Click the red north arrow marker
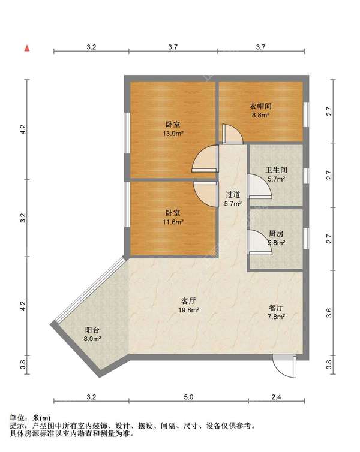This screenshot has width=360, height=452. pos(27,48)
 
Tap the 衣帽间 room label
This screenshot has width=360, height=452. pos(260,106)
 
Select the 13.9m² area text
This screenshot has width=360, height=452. pos(173,134)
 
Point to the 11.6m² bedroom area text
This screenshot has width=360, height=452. pos(173,222)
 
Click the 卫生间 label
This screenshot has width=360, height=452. pos(277,170)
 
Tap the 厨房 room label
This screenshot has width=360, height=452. pos(276,234)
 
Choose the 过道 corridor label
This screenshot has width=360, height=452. pos(233,195)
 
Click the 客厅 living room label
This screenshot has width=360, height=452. pos(188,301)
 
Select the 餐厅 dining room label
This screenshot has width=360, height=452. pos(276,308)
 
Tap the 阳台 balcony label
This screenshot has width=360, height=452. pos(92,330)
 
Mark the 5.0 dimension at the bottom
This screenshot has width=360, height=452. pos(188,397)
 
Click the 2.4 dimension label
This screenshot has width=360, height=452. pos(276,397)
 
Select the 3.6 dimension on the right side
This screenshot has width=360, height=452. pos(329,312)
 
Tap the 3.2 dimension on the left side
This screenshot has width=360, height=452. pos(23,218)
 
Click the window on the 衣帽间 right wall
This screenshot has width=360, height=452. pos(306,114)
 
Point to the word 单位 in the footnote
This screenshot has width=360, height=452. pos(17,418)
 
